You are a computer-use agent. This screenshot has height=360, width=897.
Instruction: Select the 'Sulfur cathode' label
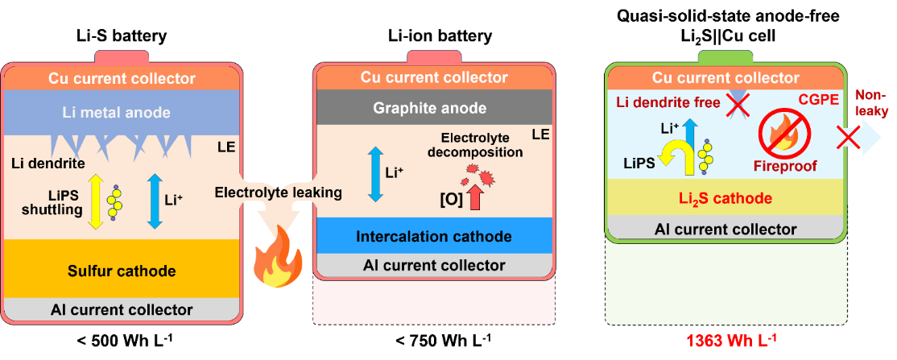click(122, 271)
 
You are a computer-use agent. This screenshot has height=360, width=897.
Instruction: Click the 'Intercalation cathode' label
click(433, 236)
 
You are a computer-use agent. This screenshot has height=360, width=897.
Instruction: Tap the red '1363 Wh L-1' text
click(730, 338)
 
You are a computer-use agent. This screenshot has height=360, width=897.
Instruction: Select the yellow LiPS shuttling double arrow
click(95, 201)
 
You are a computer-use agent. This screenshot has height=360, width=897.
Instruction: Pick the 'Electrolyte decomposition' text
click(475, 145)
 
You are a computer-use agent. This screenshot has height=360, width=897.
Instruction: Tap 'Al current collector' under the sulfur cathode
click(122, 309)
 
